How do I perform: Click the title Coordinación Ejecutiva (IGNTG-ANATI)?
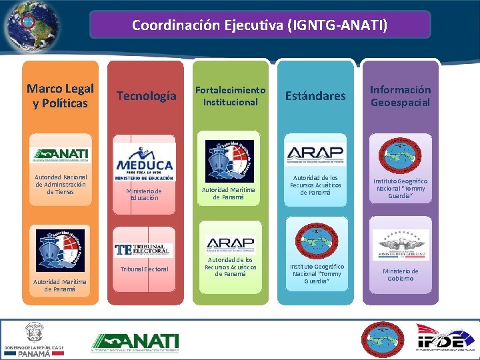pyautogui.click(x=259, y=25)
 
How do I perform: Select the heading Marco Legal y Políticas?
pyautogui.click(x=60, y=95)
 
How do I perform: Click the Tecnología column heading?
pyautogui.click(x=147, y=96)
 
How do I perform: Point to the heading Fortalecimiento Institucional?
pyautogui.click(x=230, y=95)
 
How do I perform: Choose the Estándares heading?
pyautogui.click(x=315, y=96)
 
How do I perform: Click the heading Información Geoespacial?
pyautogui.click(x=400, y=95)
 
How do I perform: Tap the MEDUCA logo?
pyautogui.click(x=145, y=162)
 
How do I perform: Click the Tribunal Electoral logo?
pyautogui.click(x=144, y=249)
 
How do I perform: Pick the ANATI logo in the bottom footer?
pyautogui.click(x=135, y=342)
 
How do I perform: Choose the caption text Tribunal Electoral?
pyautogui.click(x=144, y=269)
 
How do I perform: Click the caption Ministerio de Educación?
pyautogui.click(x=145, y=194)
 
